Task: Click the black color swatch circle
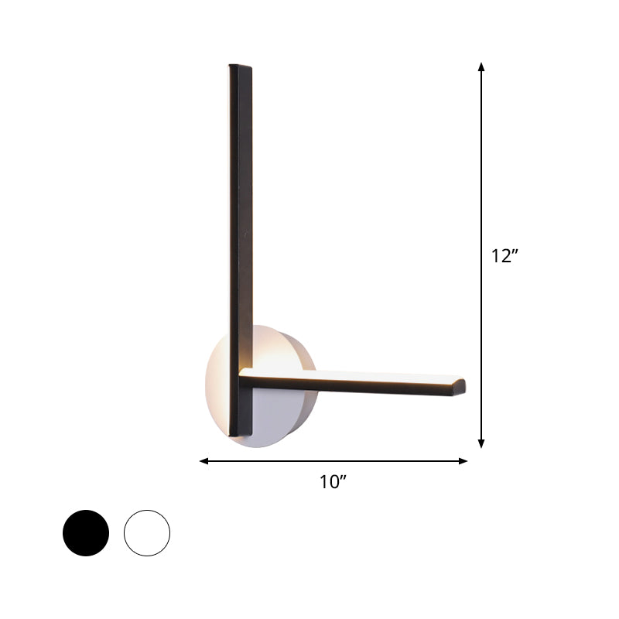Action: [x=86, y=532]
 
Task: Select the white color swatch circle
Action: [x=146, y=532]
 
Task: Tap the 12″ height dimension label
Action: [x=504, y=256]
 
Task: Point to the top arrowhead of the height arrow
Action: [x=481, y=67]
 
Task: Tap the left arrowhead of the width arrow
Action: [x=204, y=461]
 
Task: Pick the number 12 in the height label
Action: [x=500, y=256]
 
